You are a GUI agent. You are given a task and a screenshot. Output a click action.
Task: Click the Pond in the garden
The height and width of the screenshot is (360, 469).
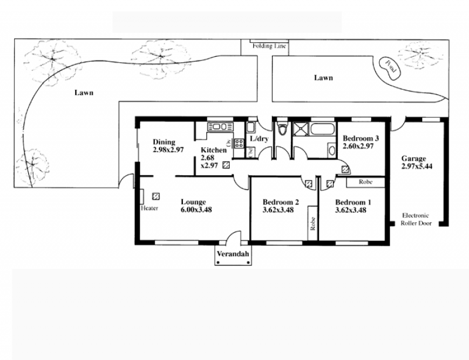pyautogui.click(x=389, y=69)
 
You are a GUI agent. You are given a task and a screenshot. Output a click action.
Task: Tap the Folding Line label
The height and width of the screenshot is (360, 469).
pyautogui.click(x=269, y=46)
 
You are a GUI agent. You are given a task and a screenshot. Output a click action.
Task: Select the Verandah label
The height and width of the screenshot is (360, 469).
pyautogui.click(x=233, y=254)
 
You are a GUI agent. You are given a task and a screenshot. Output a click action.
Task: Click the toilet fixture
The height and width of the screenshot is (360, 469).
pyautogui.click(x=282, y=128)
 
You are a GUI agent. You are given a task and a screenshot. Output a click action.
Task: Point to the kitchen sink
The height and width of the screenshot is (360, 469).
pyautogui.click(x=220, y=127)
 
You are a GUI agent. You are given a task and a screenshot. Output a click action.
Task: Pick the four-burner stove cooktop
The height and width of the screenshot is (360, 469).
pyautogui.click(x=239, y=143)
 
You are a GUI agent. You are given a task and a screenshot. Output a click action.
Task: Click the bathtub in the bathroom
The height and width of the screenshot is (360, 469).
pyautogui.click(x=323, y=129)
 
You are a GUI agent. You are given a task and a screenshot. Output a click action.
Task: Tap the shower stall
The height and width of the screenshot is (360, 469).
pyautogui.click(x=301, y=129)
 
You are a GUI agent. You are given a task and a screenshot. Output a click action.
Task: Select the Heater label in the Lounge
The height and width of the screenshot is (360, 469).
pyautogui.click(x=149, y=208)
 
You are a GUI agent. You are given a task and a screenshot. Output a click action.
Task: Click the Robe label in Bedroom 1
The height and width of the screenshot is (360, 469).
pyautogui.click(x=365, y=182)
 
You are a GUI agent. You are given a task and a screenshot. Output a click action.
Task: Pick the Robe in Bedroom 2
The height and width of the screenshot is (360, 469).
pyautogui.click(x=313, y=223)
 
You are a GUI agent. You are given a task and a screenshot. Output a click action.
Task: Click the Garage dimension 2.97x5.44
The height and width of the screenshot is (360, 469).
pyautogui.click(x=417, y=167)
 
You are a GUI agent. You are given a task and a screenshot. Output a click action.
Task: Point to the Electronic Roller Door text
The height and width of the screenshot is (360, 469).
pyautogui.click(x=416, y=219)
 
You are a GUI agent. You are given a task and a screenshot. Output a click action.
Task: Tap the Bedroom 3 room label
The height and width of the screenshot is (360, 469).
pyautogui.click(x=361, y=138)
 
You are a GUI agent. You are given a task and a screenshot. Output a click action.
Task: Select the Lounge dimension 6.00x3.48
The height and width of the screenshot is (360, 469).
pyautogui.click(x=196, y=210)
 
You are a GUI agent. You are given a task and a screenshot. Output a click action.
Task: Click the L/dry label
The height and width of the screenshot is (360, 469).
pyautogui.click(x=259, y=138)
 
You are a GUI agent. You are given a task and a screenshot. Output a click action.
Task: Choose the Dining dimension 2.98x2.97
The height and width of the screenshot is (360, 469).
pyautogui.click(x=168, y=150)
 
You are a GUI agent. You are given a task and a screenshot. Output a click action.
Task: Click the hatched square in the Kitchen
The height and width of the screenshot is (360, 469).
pyautogui.click(x=226, y=165)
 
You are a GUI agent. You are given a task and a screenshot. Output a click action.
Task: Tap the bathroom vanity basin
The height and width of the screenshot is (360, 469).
pyautogui.click(x=332, y=150)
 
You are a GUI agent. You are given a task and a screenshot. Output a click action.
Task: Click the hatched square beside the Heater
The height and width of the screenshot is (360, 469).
pyautogui.click(x=156, y=196)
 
